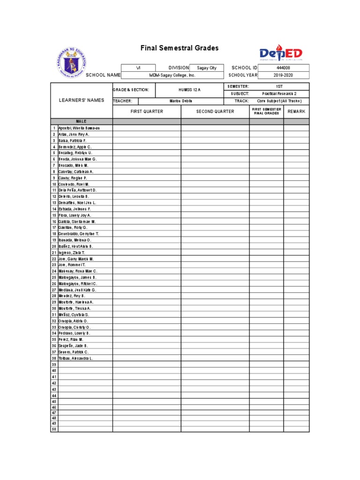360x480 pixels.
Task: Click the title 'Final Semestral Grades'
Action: tap(180, 48)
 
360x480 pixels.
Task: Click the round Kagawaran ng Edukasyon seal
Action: tap(73, 61)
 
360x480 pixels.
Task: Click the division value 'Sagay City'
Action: tap(207, 68)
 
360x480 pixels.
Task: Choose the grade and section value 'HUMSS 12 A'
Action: tap(189, 90)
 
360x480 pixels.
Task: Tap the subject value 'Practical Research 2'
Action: tap(279, 94)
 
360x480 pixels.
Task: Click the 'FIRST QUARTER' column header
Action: tap(147, 112)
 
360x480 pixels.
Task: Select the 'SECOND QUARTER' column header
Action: tap(215, 112)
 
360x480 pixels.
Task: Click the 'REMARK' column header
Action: tap(296, 112)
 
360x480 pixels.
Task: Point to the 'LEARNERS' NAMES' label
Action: tap(81, 100)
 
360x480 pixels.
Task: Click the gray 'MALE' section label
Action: tap(81, 121)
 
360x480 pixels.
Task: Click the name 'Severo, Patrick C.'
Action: tap(73, 352)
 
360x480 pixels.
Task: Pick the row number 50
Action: tap(54, 429)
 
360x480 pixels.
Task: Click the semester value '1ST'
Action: tap(279, 87)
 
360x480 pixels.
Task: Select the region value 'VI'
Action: tap(138, 68)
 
